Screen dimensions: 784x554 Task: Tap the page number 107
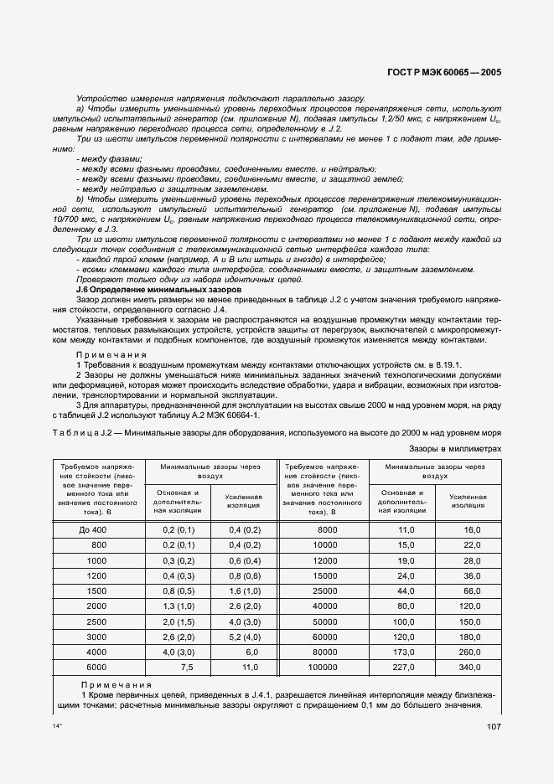coord(493,728)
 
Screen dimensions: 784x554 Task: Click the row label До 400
coord(94,530)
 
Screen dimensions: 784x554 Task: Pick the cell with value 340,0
coord(471,668)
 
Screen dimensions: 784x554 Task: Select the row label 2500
coord(96,622)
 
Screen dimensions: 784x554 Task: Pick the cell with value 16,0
coord(473,530)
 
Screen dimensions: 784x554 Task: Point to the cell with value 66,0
coord(473,591)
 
